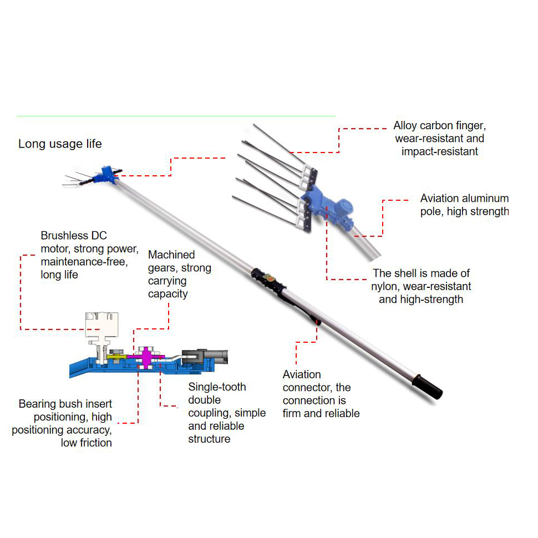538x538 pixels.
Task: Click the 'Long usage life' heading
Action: pyautogui.click(x=60, y=144)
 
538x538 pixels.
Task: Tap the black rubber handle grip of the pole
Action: pyautogui.click(x=427, y=387)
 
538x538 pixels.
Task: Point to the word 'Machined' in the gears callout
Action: pyautogui.click(x=171, y=255)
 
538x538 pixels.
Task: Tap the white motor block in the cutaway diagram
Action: pyautogui.click(x=101, y=324)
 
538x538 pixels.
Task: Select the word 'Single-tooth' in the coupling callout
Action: pyautogui.click(x=217, y=387)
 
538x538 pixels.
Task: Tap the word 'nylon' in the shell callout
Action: pyautogui.click(x=385, y=286)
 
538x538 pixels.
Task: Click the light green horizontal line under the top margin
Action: pyautogui.click(x=176, y=116)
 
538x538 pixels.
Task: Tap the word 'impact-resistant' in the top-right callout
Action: pyautogui.click(x=439, y=151)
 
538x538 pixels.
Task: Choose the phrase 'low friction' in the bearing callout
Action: pyautogui.click(x=86, y=442)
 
